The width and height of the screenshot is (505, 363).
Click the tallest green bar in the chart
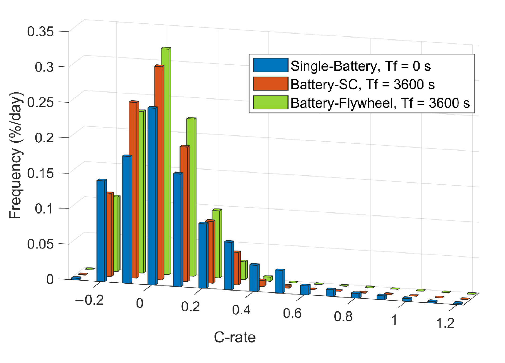coord(165,161)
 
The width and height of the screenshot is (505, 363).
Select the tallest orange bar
coord(158,172)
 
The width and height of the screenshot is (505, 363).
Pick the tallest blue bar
coord(152,196)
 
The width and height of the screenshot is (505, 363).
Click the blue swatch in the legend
coord(270,65)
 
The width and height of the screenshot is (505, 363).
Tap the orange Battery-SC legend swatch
coord(270,84)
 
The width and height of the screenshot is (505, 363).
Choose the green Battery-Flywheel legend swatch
coord(270,102)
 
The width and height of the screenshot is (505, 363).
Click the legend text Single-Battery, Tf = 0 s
coord(360,66)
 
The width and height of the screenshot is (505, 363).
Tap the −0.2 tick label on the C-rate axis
coord(89,300)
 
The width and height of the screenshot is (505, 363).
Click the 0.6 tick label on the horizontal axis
coord(292,313)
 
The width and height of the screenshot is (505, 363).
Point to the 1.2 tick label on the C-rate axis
coord(445,323)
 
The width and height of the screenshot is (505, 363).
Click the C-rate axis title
coord(235,337)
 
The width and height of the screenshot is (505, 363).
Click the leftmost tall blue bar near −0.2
coord(101,231)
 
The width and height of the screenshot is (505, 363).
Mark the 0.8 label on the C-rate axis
coord(343,317)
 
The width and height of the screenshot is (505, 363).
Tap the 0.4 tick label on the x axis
coord(241,310)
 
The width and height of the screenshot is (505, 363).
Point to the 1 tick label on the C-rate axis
coord(394,320)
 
